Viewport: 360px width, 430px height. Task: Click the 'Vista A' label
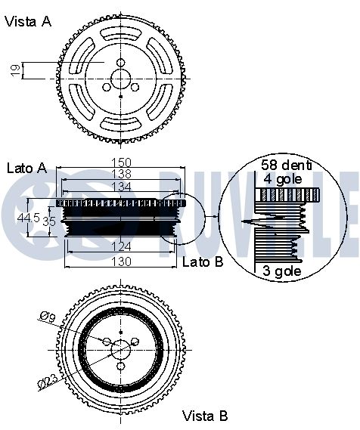(28, 21)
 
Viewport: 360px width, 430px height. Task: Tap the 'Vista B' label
(205, 416)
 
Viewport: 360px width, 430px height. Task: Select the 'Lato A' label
(26, 168)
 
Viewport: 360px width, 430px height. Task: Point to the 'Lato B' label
(203, 261)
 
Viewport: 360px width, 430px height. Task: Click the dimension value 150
(121, 162)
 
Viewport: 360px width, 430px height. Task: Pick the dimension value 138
(121, 174)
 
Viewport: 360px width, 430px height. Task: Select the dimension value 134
(121, 187)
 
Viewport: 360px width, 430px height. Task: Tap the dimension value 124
(121, 247)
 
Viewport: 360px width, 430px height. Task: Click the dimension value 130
(121, 261)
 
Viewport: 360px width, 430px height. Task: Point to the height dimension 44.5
(28, 218)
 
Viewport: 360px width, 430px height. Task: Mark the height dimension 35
(49, 221)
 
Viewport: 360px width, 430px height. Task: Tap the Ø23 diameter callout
(48, 382)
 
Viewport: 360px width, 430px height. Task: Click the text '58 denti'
(286, 165)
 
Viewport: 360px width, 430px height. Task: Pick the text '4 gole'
(283, 179)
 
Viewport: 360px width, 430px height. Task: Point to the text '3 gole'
(282, 271)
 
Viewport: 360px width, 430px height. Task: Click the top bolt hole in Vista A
(121, 63)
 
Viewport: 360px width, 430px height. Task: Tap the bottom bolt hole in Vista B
(121, 366)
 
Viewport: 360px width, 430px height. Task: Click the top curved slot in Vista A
(121, 34)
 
